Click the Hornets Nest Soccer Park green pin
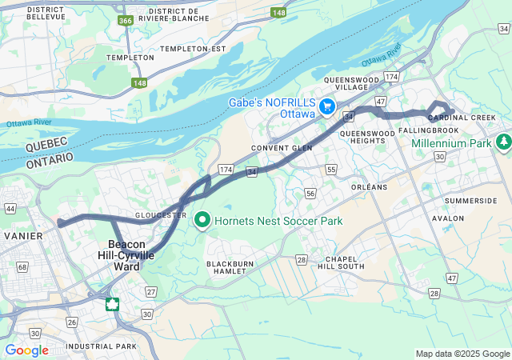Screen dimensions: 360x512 (202, 218)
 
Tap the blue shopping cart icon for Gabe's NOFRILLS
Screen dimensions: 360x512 (326, 106)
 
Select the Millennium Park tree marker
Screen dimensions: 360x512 (503, 142)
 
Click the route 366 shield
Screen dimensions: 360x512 (126, 21)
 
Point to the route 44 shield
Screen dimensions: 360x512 (10, 208)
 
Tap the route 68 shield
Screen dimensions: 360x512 (22, 266)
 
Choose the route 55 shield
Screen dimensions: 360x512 (331, 170)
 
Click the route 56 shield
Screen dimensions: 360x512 (310, 193)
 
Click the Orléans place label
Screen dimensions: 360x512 (369, 187)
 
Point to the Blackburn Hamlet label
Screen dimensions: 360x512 (234, 268)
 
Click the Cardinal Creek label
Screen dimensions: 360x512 (462, 118)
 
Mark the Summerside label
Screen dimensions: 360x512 (470, 200)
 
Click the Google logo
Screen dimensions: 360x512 (26, 350)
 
